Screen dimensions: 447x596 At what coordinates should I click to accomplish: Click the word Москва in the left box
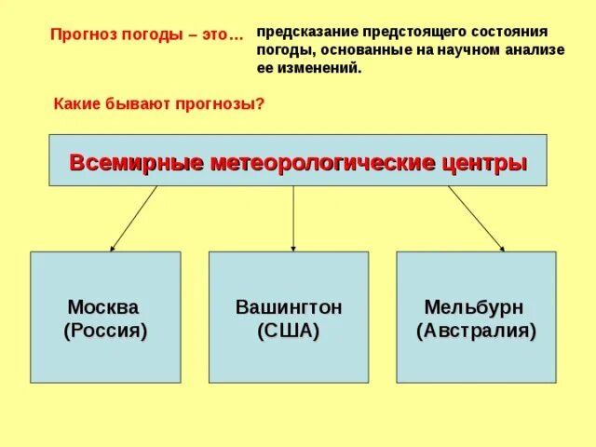coord(102,306)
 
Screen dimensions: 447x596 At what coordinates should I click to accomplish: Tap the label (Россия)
coord(105,331)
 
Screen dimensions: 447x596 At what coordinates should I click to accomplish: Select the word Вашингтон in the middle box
coord(288,306)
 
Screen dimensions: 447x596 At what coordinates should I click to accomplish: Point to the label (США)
coord(288,331)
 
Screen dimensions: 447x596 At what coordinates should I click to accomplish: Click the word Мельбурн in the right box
coord(473,306)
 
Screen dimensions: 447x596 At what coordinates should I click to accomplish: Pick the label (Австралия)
coord(477,331)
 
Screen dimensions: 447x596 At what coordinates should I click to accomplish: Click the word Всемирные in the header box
coord(136,163)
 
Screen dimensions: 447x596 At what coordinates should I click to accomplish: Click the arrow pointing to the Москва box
coord(133,219)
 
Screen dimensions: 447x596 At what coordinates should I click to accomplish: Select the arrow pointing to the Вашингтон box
coord(293,219)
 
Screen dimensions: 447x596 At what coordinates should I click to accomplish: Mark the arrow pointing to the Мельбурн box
coord(476,219)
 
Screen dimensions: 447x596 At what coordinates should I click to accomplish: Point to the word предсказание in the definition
coord(306,31)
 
